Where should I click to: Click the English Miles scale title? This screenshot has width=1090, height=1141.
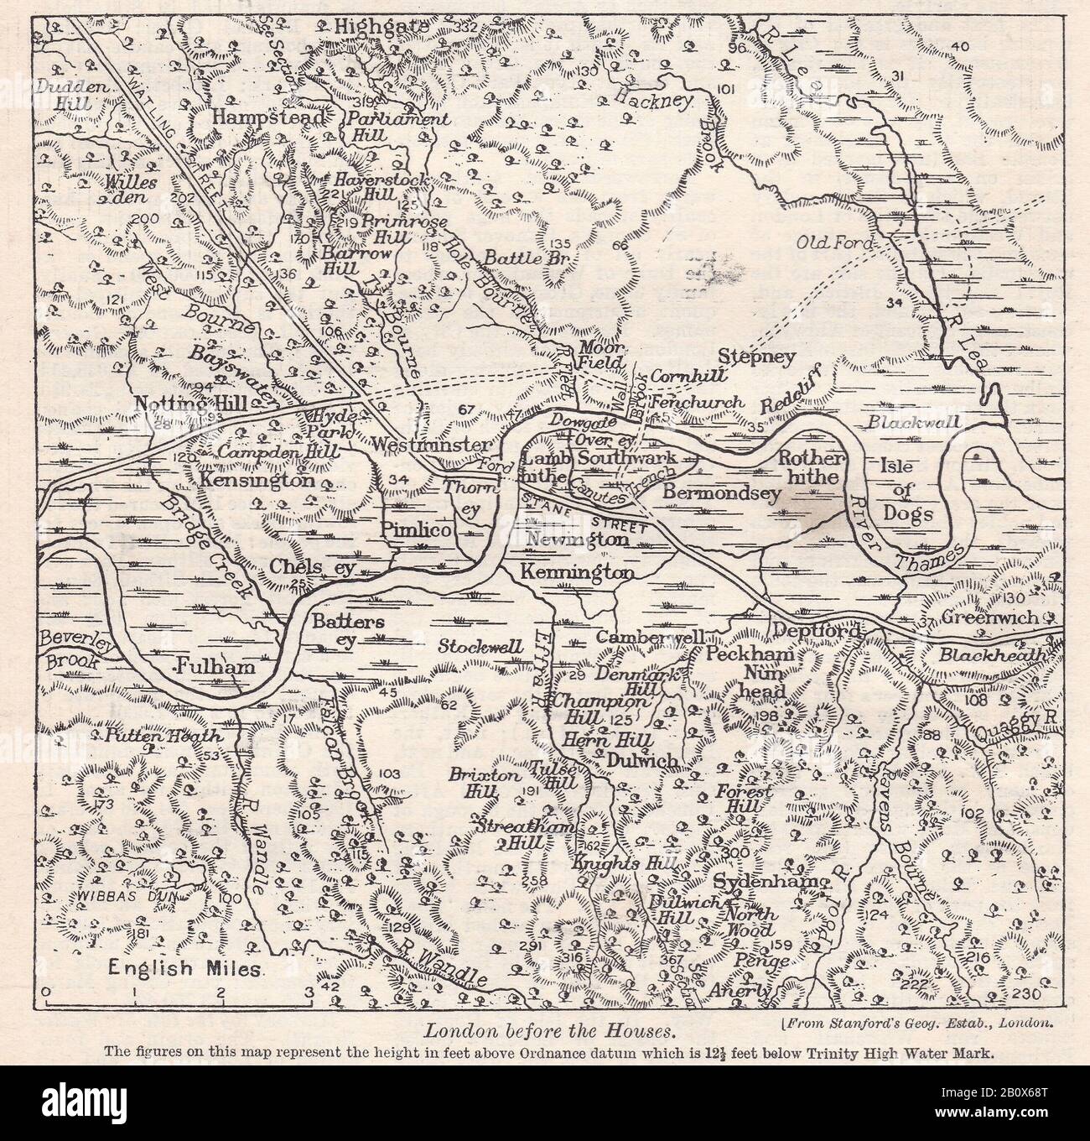point(185,969)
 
